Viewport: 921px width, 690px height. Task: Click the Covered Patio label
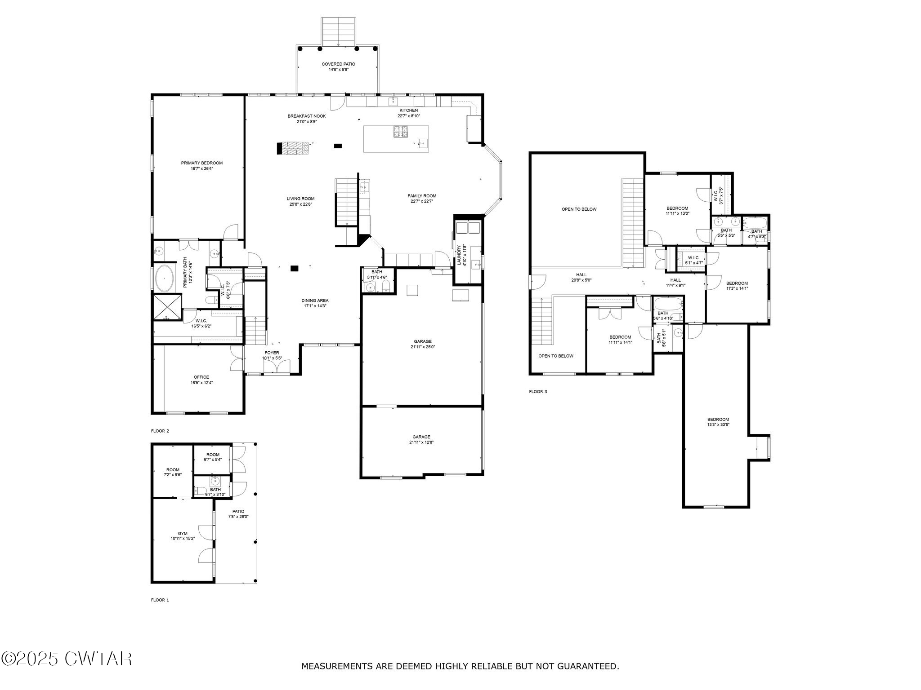point(338,64)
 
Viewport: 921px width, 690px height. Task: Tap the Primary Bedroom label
point(201,163)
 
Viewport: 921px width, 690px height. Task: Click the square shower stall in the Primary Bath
point(168,307)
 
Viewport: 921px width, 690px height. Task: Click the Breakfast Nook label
point(307,116)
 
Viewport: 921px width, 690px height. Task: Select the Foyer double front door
point(277,367)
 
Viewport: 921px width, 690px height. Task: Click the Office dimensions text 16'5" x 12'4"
point(201,383)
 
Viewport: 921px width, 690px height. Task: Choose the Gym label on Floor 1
point(182,533)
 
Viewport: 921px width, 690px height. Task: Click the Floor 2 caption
point(160,431)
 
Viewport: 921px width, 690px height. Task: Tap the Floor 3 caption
point(538,391)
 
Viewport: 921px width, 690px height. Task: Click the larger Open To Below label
point(579,209)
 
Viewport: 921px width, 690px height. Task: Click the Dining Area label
point(315,301)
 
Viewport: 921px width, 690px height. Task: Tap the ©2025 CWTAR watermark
point(67,659)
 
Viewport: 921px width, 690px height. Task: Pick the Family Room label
point(422,196)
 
